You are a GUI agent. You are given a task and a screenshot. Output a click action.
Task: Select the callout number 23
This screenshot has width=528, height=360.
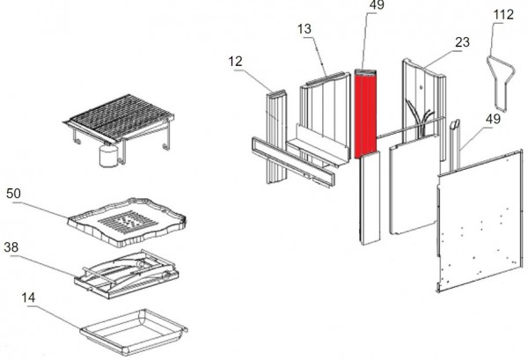[460, 40]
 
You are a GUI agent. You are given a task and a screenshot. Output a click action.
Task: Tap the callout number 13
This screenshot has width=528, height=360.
[304, 29]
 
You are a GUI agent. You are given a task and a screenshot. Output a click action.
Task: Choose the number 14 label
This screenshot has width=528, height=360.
[28, 298]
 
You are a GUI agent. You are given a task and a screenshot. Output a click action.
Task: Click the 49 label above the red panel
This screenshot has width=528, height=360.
[378, 6]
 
